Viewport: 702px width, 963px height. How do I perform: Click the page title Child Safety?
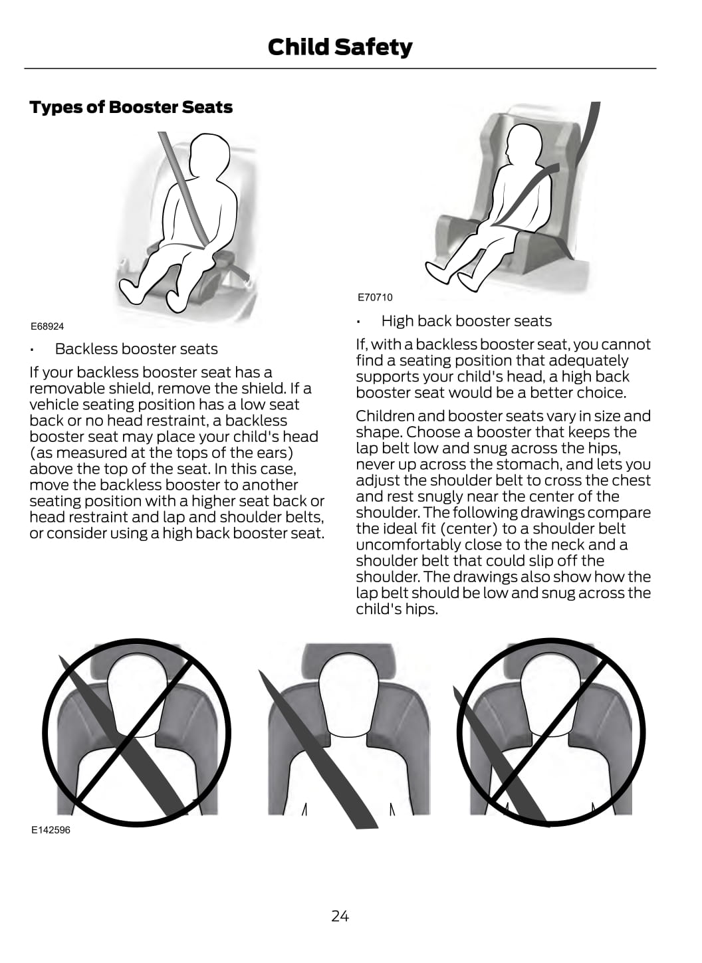click(x=340, y=47)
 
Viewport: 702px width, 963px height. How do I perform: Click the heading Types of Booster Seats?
click(x=131, y=107)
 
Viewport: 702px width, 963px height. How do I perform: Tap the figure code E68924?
click(x=47, y=326)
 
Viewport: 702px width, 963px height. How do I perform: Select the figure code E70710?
click(x=375, y=297)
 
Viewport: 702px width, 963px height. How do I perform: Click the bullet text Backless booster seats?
click(x=136, y=349)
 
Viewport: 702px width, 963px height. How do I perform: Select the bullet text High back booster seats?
click(x=466, y=321)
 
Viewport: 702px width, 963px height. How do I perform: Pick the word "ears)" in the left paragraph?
click(x=275, y=453)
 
